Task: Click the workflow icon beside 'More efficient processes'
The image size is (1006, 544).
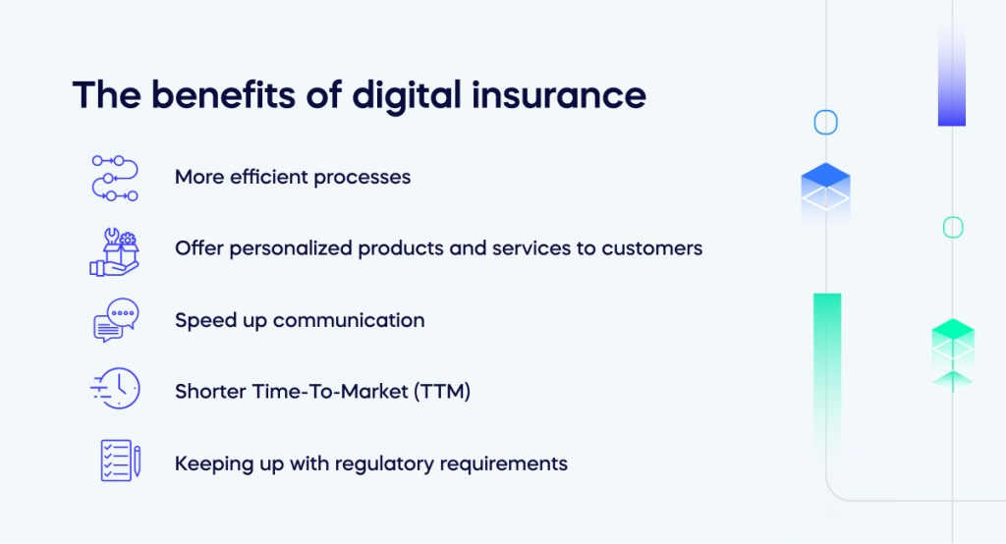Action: click(x=115, y=178)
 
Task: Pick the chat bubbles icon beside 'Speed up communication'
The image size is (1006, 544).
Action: click(x=116, y=321)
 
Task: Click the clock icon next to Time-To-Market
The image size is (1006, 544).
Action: click(x=116, y=390)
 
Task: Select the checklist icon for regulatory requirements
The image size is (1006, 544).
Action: click(x=120, y=462)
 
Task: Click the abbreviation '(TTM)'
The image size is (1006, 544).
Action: click(x=442, y=392)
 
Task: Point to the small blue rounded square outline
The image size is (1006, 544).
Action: click(x=825, y=123)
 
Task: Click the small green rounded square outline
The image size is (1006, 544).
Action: click(x=953, y=228)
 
